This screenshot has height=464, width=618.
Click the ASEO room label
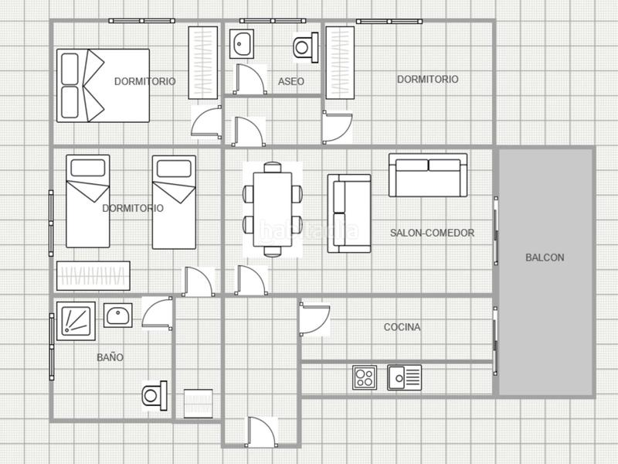coord(291,82)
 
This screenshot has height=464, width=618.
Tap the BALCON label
coord(545,258)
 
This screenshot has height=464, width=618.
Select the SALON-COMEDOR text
coord(432,233)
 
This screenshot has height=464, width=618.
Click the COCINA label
coord(402,327)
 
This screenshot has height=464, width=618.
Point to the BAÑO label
coord(110,357)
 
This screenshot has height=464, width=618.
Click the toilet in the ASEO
coord(305,47)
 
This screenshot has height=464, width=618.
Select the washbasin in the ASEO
coord(242,43)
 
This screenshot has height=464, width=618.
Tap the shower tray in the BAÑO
coord(76,321)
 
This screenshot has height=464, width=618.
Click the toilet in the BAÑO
coord(154,395)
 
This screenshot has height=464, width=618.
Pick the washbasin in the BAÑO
coord(118,316)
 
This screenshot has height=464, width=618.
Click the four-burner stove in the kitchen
coord(365,377)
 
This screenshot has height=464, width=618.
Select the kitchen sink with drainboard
coord(404,377)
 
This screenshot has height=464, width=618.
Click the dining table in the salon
coord(273,209)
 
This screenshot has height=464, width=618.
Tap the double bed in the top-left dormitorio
coord(103,86)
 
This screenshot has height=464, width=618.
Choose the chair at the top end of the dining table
coord(273,167)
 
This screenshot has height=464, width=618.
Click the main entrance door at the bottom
coord(262,432)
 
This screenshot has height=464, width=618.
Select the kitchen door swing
coord(314,319)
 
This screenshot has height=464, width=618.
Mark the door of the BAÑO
coord(158,313)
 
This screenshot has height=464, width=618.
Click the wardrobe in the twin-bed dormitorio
coord(93,275)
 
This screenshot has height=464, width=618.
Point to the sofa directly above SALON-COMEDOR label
coord(428,176)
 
